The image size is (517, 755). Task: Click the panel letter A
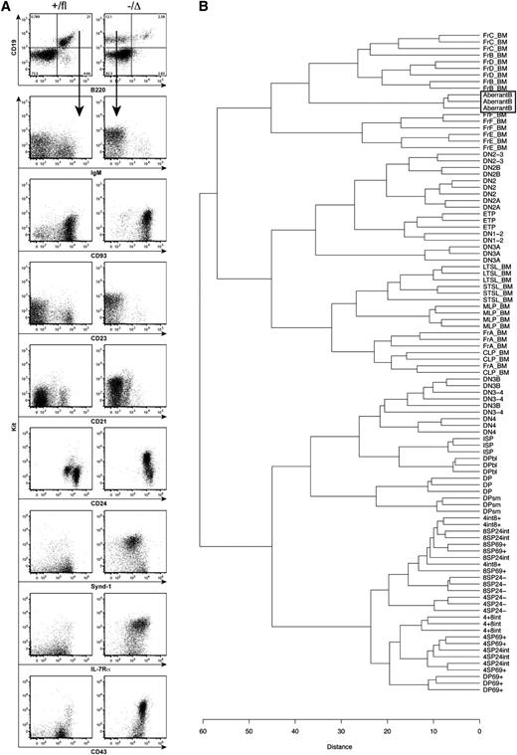point(6,7)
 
